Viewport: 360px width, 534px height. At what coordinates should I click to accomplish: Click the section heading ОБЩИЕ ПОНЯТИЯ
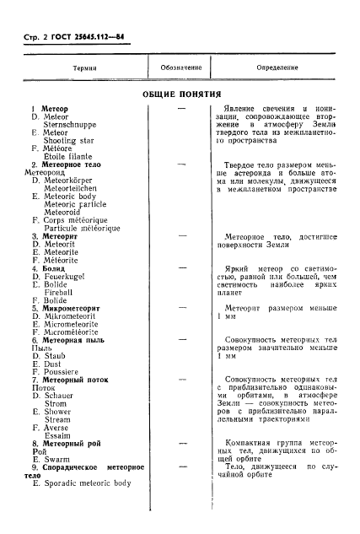(x=181, y=94)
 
